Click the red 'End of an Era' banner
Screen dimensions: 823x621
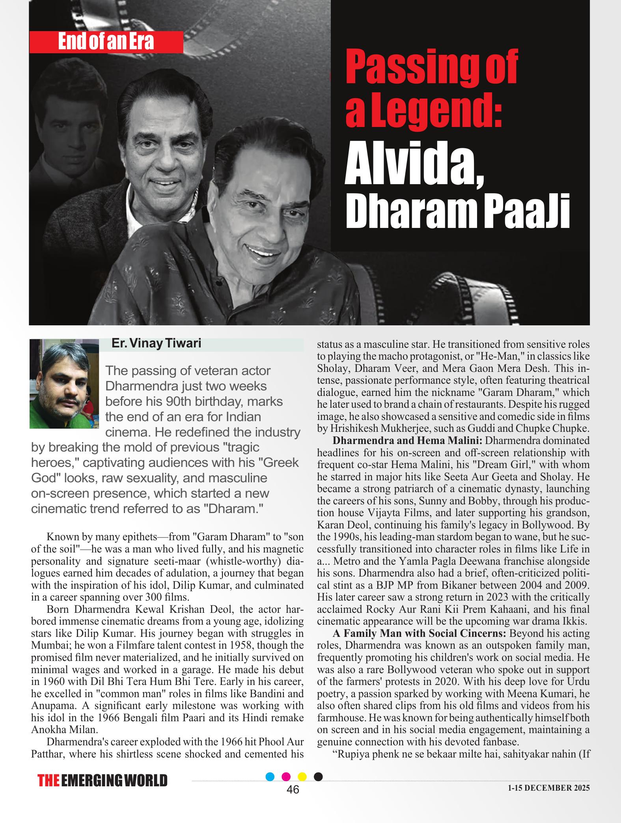106,42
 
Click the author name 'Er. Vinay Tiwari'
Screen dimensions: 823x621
157,343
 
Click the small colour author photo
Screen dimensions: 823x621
64,383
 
